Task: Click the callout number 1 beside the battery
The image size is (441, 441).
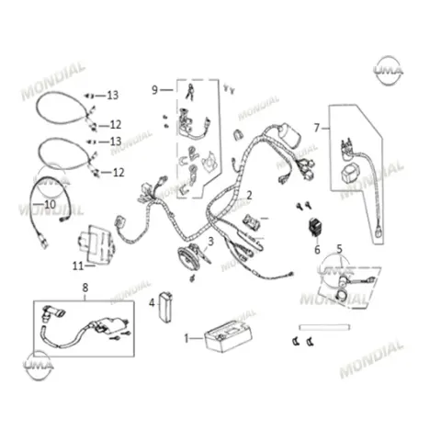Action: (x=187, y=338)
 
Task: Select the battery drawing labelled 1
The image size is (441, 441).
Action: (x=228, y=336)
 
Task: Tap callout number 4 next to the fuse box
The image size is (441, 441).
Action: (x=152, y=303)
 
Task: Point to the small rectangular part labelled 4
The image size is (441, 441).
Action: (x=165, y=307)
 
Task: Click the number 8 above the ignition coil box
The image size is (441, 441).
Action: (x=85, y=288)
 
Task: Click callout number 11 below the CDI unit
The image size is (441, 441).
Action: (x=78, y=266)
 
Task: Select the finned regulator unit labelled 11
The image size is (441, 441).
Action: (x=96, y=244)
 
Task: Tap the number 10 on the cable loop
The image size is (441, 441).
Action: (x=51, y=204)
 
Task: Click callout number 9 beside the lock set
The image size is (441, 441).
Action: (x=155, y=90)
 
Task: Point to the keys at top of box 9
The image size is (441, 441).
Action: (x=190, y=91)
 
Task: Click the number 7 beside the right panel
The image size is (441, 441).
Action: (x=317, y=128)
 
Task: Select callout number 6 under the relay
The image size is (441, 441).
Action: (x=317, y=250)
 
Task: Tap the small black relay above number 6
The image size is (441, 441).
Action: (x=316, y=227)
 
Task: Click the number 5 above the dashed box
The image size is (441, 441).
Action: (x=339, y=249)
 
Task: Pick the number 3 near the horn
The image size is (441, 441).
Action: (x=210, y=242)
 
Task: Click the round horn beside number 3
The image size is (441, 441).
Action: (x=187, y=259)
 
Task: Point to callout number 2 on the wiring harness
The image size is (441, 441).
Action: (x=249, y=195)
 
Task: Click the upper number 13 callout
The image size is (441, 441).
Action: (x=112, y=96)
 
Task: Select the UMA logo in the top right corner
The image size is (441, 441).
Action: (x=389, y=71)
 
